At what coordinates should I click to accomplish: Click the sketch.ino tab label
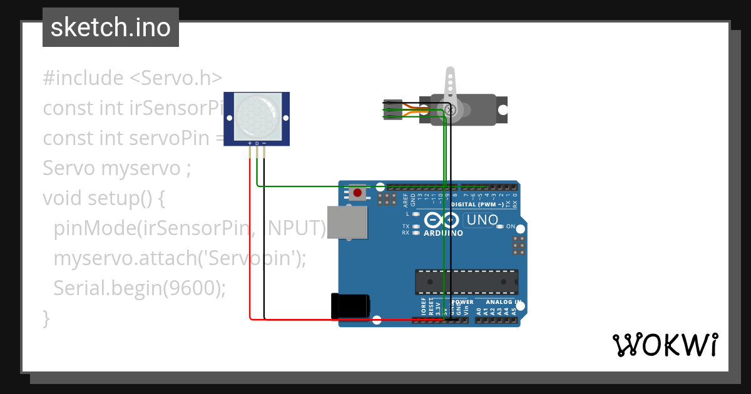pyautogui.click(x=111, y=28)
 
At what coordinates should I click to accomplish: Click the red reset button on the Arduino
pyautogui.click(x=358, y=192)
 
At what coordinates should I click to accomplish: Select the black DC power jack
pyautogui.click(x=350, y=305)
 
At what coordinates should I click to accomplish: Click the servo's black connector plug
pyautogui.click(x=392, y=109)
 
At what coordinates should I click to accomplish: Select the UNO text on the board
pyautogui.click(x=482, y=220)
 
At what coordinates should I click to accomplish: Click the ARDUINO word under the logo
pyautogui.click(x=443, y=233)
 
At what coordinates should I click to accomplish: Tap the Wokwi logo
pyautogui.click(x=664, y=345)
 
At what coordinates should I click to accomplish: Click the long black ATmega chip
pyautogui.click(x=466, y=281)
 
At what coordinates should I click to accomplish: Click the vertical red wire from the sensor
pyautogui.click(x=250, y=238)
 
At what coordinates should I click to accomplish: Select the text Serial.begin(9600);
pyautogui.click(x=139, y=288)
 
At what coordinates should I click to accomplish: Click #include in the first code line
pyautogui.click(x=83, y=78)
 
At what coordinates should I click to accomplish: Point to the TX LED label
pyautogui.click(x=406, y=226)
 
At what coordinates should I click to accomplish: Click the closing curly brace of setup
pyautogui.click(x=46, y=317)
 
